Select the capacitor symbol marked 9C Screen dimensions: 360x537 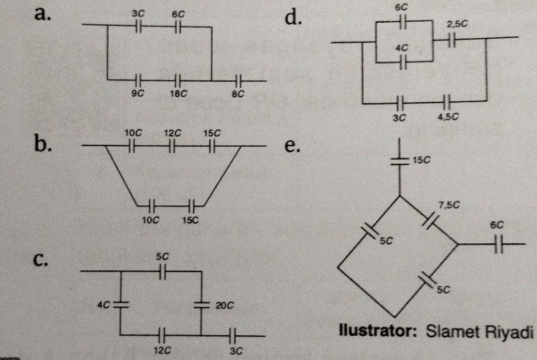[x=138, y=80]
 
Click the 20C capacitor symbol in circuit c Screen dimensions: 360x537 [x=201, y=304]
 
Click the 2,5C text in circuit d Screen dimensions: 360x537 [x=457, y=24]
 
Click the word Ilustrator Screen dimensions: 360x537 [x=375, y=331]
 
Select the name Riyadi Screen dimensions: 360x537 [x=510, y=331]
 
